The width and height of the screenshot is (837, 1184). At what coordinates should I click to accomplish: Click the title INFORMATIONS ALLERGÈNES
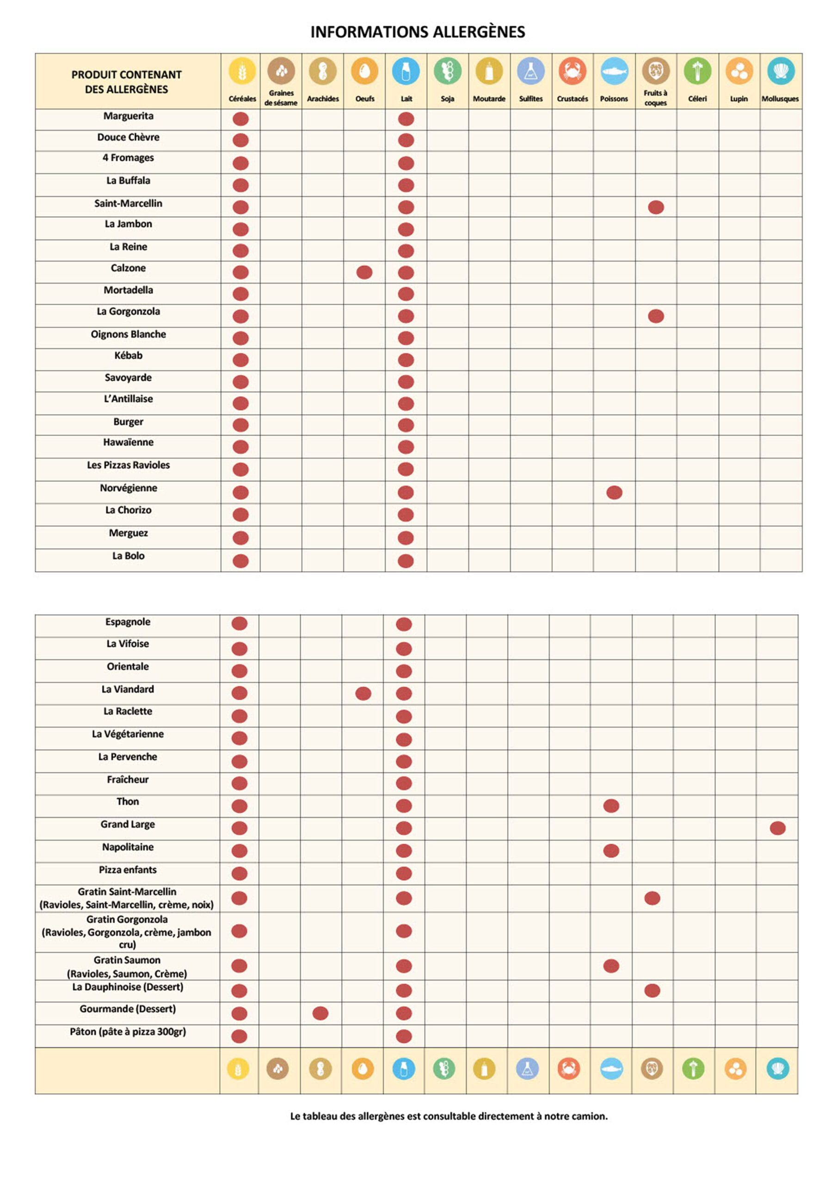pyautogui.click(x=418, y=32)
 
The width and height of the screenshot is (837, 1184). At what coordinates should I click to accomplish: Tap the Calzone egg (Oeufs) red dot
pyautogui.click(x=364, y=272)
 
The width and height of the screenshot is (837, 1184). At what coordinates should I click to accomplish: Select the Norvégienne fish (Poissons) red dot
pyautogui.click(x=614, y=493)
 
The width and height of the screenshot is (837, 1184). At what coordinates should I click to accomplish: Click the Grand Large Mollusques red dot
pyautogui.click(x=777, y=828)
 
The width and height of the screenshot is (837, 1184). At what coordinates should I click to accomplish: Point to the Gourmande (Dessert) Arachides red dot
pyautogui.click(x=320, y=1013)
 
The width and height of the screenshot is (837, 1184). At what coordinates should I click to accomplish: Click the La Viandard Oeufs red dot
pyautogui.click(x=363, y=694)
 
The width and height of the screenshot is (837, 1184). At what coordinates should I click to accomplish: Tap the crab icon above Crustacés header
pyautogui.click(x=572, y=71)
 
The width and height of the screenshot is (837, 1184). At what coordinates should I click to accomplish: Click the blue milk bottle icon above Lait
pyautogui.click(x=406, y=71)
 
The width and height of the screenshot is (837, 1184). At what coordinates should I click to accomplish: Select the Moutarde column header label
pyautogui.click(x=489, y=99)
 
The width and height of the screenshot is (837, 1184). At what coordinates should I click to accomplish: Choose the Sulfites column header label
pyautogui.click(x=531, y=99)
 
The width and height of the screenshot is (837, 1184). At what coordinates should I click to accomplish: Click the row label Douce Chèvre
pyautogui.click(x=129, y=137)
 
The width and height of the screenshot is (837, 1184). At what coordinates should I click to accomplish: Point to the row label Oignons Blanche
pyautogui.click(x=129, y=334)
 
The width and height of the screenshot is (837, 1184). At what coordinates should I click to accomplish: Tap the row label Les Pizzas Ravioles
pyautogui.click(x=129, y=465)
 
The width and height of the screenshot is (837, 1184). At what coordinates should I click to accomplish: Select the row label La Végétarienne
pyautogui.click(x=128, y=734)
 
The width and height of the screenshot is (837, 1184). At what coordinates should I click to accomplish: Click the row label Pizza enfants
pyautogui.click(x=128, y=870)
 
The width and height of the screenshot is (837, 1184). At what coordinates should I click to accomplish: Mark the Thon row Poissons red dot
pyautogui.click(x=611, y=806)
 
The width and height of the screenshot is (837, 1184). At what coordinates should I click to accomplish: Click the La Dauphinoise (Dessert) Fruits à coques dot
pyautogui.click(x=652, y=991)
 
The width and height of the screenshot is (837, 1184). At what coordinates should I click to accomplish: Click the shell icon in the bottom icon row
pyautogui.click(x=777, y=1068)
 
